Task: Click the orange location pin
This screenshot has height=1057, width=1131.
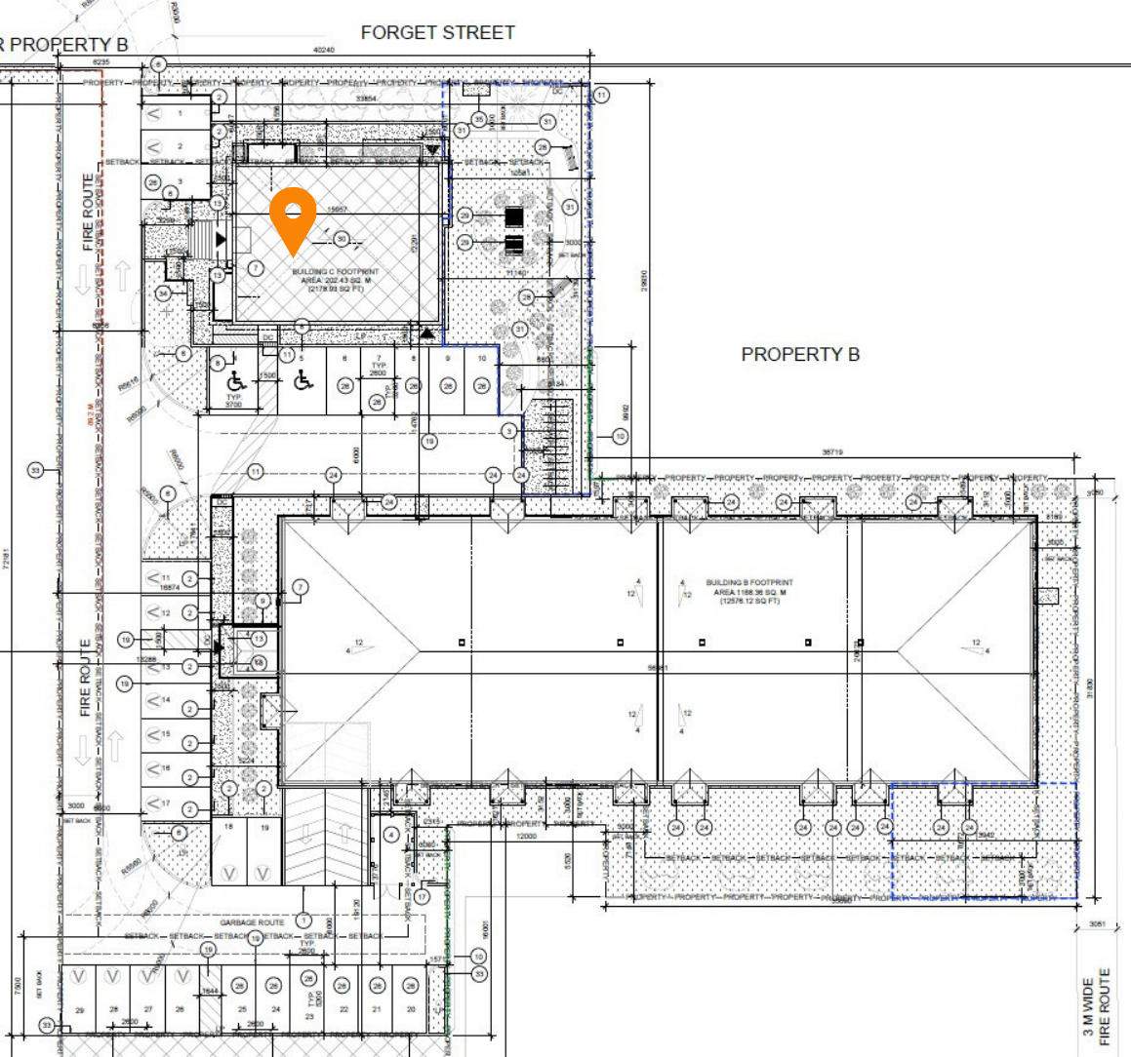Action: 293,218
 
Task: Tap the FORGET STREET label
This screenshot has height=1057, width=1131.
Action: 437,32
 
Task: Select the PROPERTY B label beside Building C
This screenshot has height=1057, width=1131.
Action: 800,354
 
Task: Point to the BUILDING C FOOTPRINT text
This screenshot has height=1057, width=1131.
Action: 335,272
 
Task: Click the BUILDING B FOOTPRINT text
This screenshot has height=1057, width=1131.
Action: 750,583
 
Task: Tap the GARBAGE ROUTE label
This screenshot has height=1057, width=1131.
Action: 252,921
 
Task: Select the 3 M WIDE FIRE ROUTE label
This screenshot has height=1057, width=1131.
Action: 1097,1004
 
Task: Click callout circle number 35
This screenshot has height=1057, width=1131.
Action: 478,120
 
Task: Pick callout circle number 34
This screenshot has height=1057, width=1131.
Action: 163,293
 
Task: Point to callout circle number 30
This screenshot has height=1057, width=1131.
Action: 342,239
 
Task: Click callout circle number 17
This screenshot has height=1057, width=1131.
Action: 422,896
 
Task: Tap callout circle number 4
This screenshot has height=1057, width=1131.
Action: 391,835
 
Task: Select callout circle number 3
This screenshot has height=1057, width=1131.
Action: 508,430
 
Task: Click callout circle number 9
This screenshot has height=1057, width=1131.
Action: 263,602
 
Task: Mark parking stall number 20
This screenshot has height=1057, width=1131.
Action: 411,1009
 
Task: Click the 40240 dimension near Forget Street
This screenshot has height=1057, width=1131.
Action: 323,50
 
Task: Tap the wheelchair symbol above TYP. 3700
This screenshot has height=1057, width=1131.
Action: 236,379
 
